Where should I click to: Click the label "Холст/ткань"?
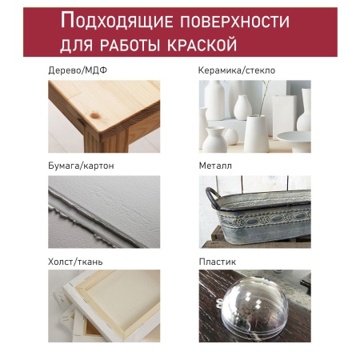tap(75, 261)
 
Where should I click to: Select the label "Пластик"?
tap(217, 261)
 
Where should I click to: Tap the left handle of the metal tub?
tap(210, 194)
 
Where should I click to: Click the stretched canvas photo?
tap(104, 306)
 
